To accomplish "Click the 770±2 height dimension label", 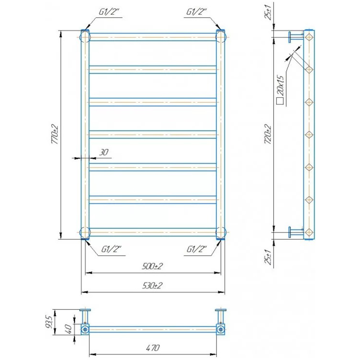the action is (55, 135).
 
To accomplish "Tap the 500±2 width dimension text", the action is (152, 266).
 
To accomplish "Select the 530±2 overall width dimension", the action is (152, 286).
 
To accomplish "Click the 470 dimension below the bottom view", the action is (153, 348).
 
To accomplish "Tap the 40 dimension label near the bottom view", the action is (68, 328).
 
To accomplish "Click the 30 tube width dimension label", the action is (103, 152).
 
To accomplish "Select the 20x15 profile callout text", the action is (280, 85).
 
